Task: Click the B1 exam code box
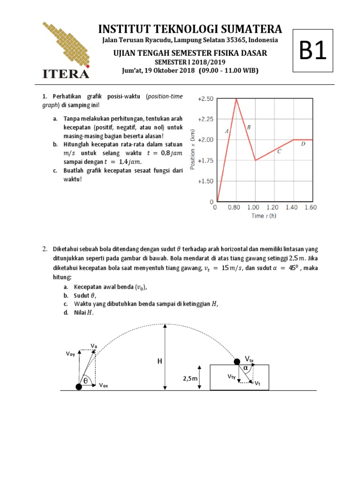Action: click(x=313, y=51)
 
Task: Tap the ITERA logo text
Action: click(x=65, y=74)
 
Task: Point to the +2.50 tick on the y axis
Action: click(x=205, y=99)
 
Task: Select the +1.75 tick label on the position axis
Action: click(x=205, y=160)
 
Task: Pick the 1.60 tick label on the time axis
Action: click(x=310, y=207)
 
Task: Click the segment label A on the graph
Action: click(x=227, y=131)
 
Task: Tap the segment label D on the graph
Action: click(x=303, y=144)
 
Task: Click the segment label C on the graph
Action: click(x=279, y=151)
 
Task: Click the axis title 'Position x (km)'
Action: click(x=193, y=149)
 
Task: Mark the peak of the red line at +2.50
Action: click(x=236, y=98)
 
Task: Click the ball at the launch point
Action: click(x=78, y=386)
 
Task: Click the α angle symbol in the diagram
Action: click(x=246, y=368)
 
